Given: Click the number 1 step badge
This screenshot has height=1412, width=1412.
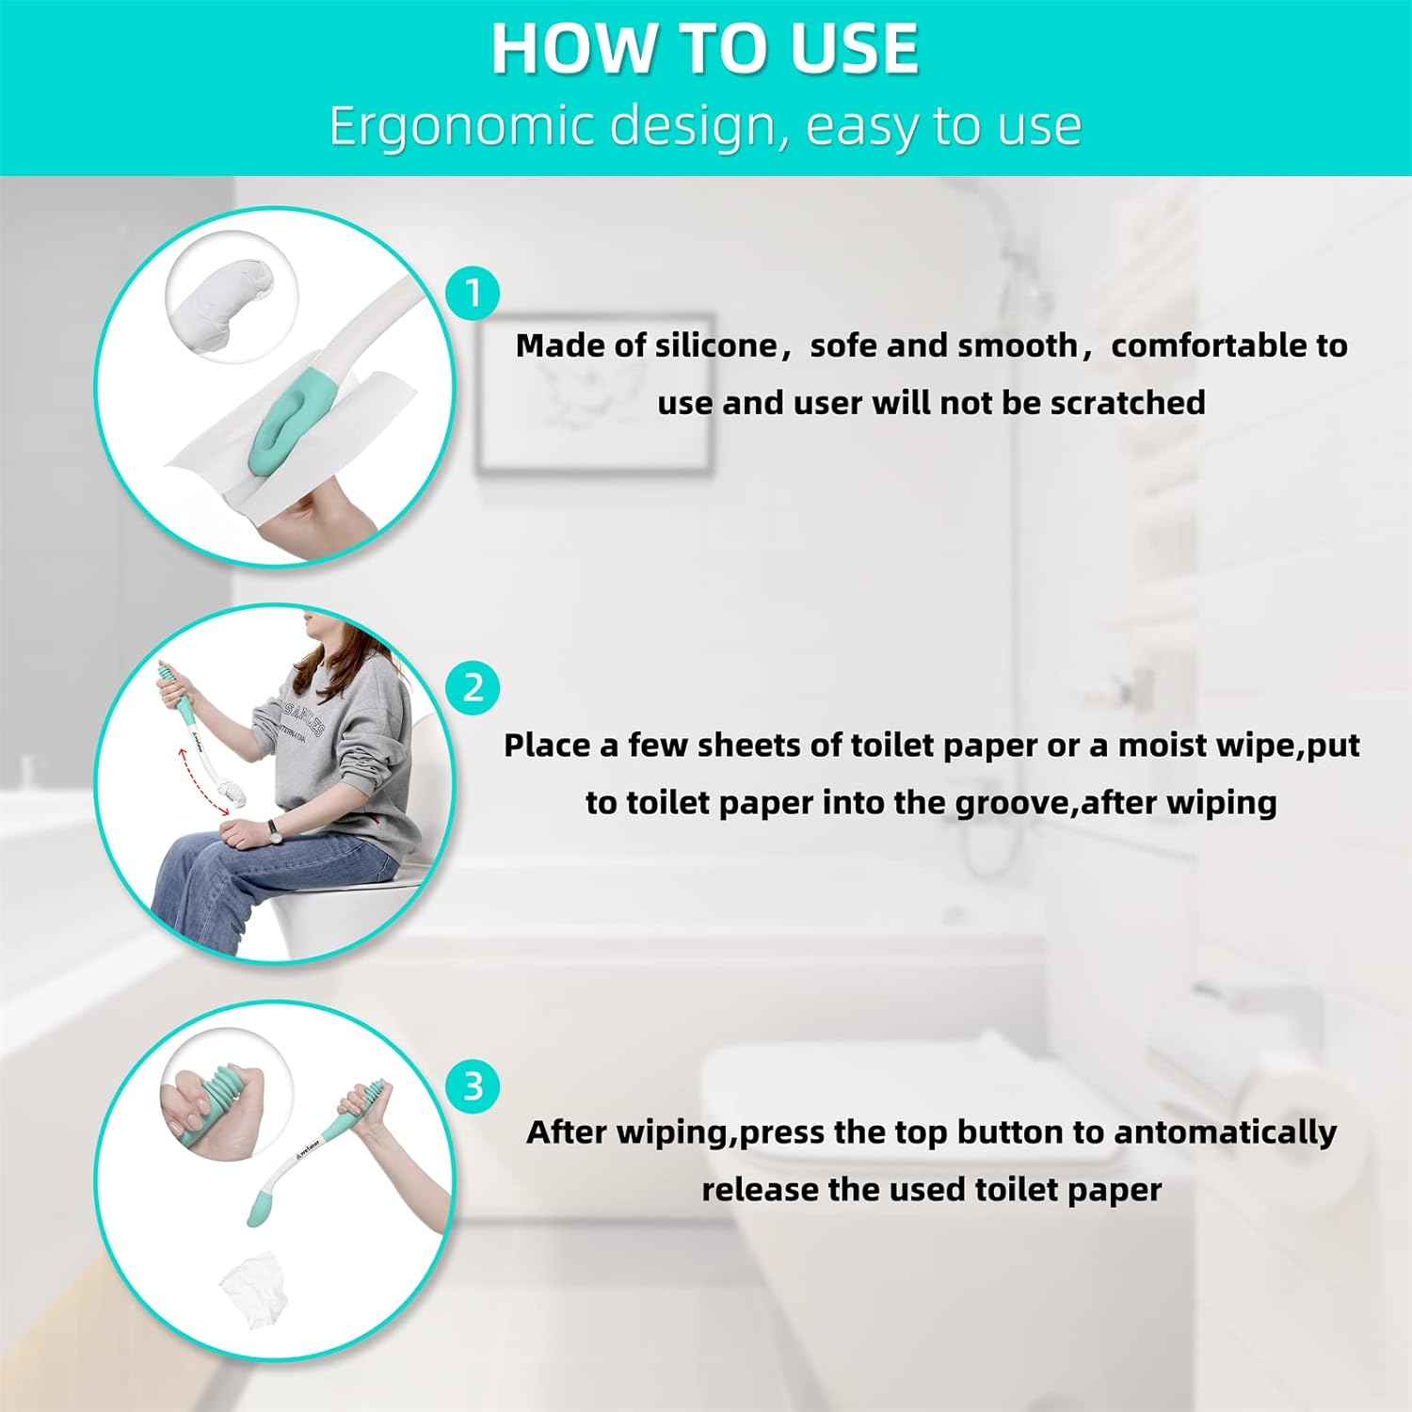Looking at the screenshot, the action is (x=473, y=293).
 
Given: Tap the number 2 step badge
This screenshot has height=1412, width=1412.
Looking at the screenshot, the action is (x=473, y=688).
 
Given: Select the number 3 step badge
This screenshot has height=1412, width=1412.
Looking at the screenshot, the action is (x=473, y=1085).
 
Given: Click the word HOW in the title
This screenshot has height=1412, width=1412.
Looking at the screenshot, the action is (x=559, y=49).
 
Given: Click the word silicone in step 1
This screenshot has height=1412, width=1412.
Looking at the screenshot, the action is (x=716, y=345).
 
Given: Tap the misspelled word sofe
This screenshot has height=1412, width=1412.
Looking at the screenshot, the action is (x=843, y=345).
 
